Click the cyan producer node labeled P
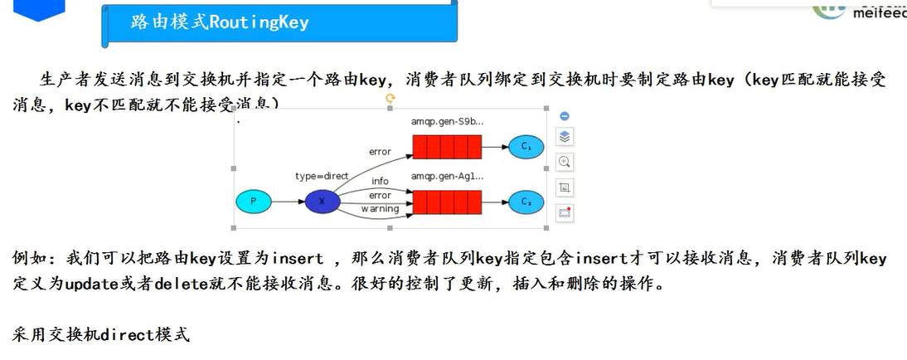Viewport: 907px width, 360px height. [254, 202]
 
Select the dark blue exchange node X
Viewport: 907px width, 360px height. [323, 202]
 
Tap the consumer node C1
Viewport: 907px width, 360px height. [526, 147]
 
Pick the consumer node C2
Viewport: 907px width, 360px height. [526, 202]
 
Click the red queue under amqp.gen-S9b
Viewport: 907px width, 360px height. [447, 147]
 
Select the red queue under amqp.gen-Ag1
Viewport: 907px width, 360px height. [447, 202]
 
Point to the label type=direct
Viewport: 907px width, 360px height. [322, 177]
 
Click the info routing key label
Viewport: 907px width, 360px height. [380, 181]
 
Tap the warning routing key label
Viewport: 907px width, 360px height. [379, 209]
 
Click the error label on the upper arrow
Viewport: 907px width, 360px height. [380, 152]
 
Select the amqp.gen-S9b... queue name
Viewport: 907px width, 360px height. [447, 122]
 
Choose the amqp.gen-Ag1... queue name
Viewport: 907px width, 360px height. [447, 176]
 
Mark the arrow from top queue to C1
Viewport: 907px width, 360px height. [495, 147]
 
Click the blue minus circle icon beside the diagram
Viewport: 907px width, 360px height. [565, 116]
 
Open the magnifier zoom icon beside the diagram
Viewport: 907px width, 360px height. [565, 162]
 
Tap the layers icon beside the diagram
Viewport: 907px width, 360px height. [565, 137]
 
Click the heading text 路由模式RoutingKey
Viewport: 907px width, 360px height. [220, 22]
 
